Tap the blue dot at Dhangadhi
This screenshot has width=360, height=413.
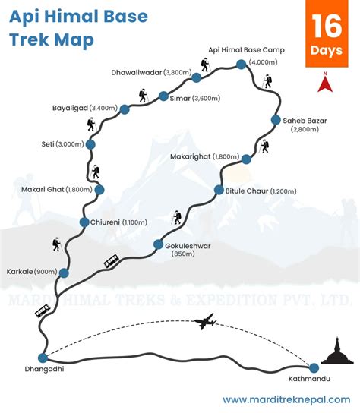pos(43,358)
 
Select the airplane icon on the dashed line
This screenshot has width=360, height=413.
pos(204,322)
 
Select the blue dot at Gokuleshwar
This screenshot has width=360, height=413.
pos(159,244)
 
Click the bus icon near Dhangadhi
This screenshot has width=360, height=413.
pos(43,311)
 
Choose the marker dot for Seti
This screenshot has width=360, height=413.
pos(90,143)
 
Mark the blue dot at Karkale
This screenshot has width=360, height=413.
pos(64,273)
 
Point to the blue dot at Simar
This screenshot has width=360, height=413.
pos(163,96)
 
